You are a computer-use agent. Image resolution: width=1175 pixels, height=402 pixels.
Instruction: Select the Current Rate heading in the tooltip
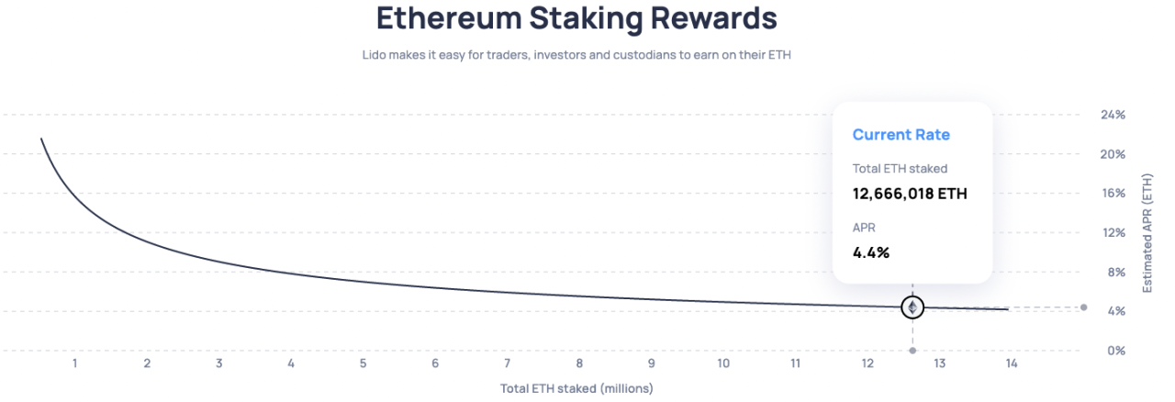[901, 135]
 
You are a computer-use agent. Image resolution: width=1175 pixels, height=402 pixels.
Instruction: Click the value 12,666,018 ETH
[910, 194]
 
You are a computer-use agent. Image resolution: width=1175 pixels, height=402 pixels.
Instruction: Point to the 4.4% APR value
[871, 252]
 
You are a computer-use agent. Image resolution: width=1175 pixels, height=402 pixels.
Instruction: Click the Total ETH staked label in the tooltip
[900, 168]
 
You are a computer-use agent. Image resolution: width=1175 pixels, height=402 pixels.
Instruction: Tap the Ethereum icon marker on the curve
[912, 307]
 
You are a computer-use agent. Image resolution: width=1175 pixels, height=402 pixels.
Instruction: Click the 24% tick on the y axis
[1113, 115]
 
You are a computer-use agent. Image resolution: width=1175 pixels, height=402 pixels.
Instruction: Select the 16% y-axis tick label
[1113, 194]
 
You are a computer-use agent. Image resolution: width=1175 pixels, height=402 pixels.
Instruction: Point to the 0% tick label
[1115, 351]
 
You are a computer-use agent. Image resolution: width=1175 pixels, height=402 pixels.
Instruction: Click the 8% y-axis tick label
[1115, 272]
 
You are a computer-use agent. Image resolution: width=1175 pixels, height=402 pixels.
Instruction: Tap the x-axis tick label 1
[74, 363]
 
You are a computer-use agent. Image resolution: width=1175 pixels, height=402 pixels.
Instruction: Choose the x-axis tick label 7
[507, 363]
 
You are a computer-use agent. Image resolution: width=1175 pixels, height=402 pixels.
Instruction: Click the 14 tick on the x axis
[1012, 363]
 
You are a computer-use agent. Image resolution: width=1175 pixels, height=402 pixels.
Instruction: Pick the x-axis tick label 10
[723, 363]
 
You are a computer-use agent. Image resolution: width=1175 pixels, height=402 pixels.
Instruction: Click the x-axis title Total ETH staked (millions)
[576, 388]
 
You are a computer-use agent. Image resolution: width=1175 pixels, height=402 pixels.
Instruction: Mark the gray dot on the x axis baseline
[912, 351]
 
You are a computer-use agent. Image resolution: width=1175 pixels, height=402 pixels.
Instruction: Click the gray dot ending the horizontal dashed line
[1084, 307]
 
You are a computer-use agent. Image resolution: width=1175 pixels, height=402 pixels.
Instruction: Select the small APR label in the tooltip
[864, 227]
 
